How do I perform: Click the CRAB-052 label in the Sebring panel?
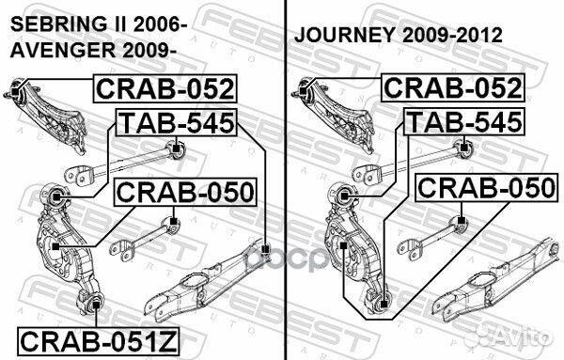[165, 90]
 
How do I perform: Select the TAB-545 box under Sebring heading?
[176, 122]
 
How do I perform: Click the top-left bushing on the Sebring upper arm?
[15, 90]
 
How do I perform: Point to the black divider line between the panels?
[285, 179]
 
